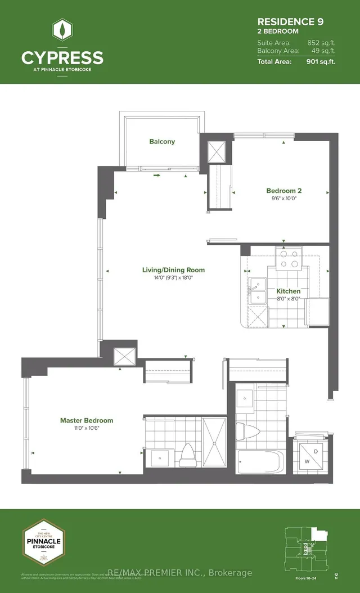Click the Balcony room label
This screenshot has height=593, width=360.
tap(162, 142)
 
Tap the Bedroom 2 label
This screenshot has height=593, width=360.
tap(285, 191)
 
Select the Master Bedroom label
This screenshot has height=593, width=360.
tap(87, 420)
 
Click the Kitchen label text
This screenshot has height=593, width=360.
tap(288, 291)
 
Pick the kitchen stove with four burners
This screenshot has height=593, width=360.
tap(288, 258)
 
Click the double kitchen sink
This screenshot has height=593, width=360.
tap(258, 291)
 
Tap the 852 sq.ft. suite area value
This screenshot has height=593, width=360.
tap(321, 42)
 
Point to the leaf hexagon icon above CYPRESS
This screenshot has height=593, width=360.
tap(62, 31)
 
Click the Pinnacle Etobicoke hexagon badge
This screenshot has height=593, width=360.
tap(43, 540)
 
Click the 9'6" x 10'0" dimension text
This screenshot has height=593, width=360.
tap(285, 199)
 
